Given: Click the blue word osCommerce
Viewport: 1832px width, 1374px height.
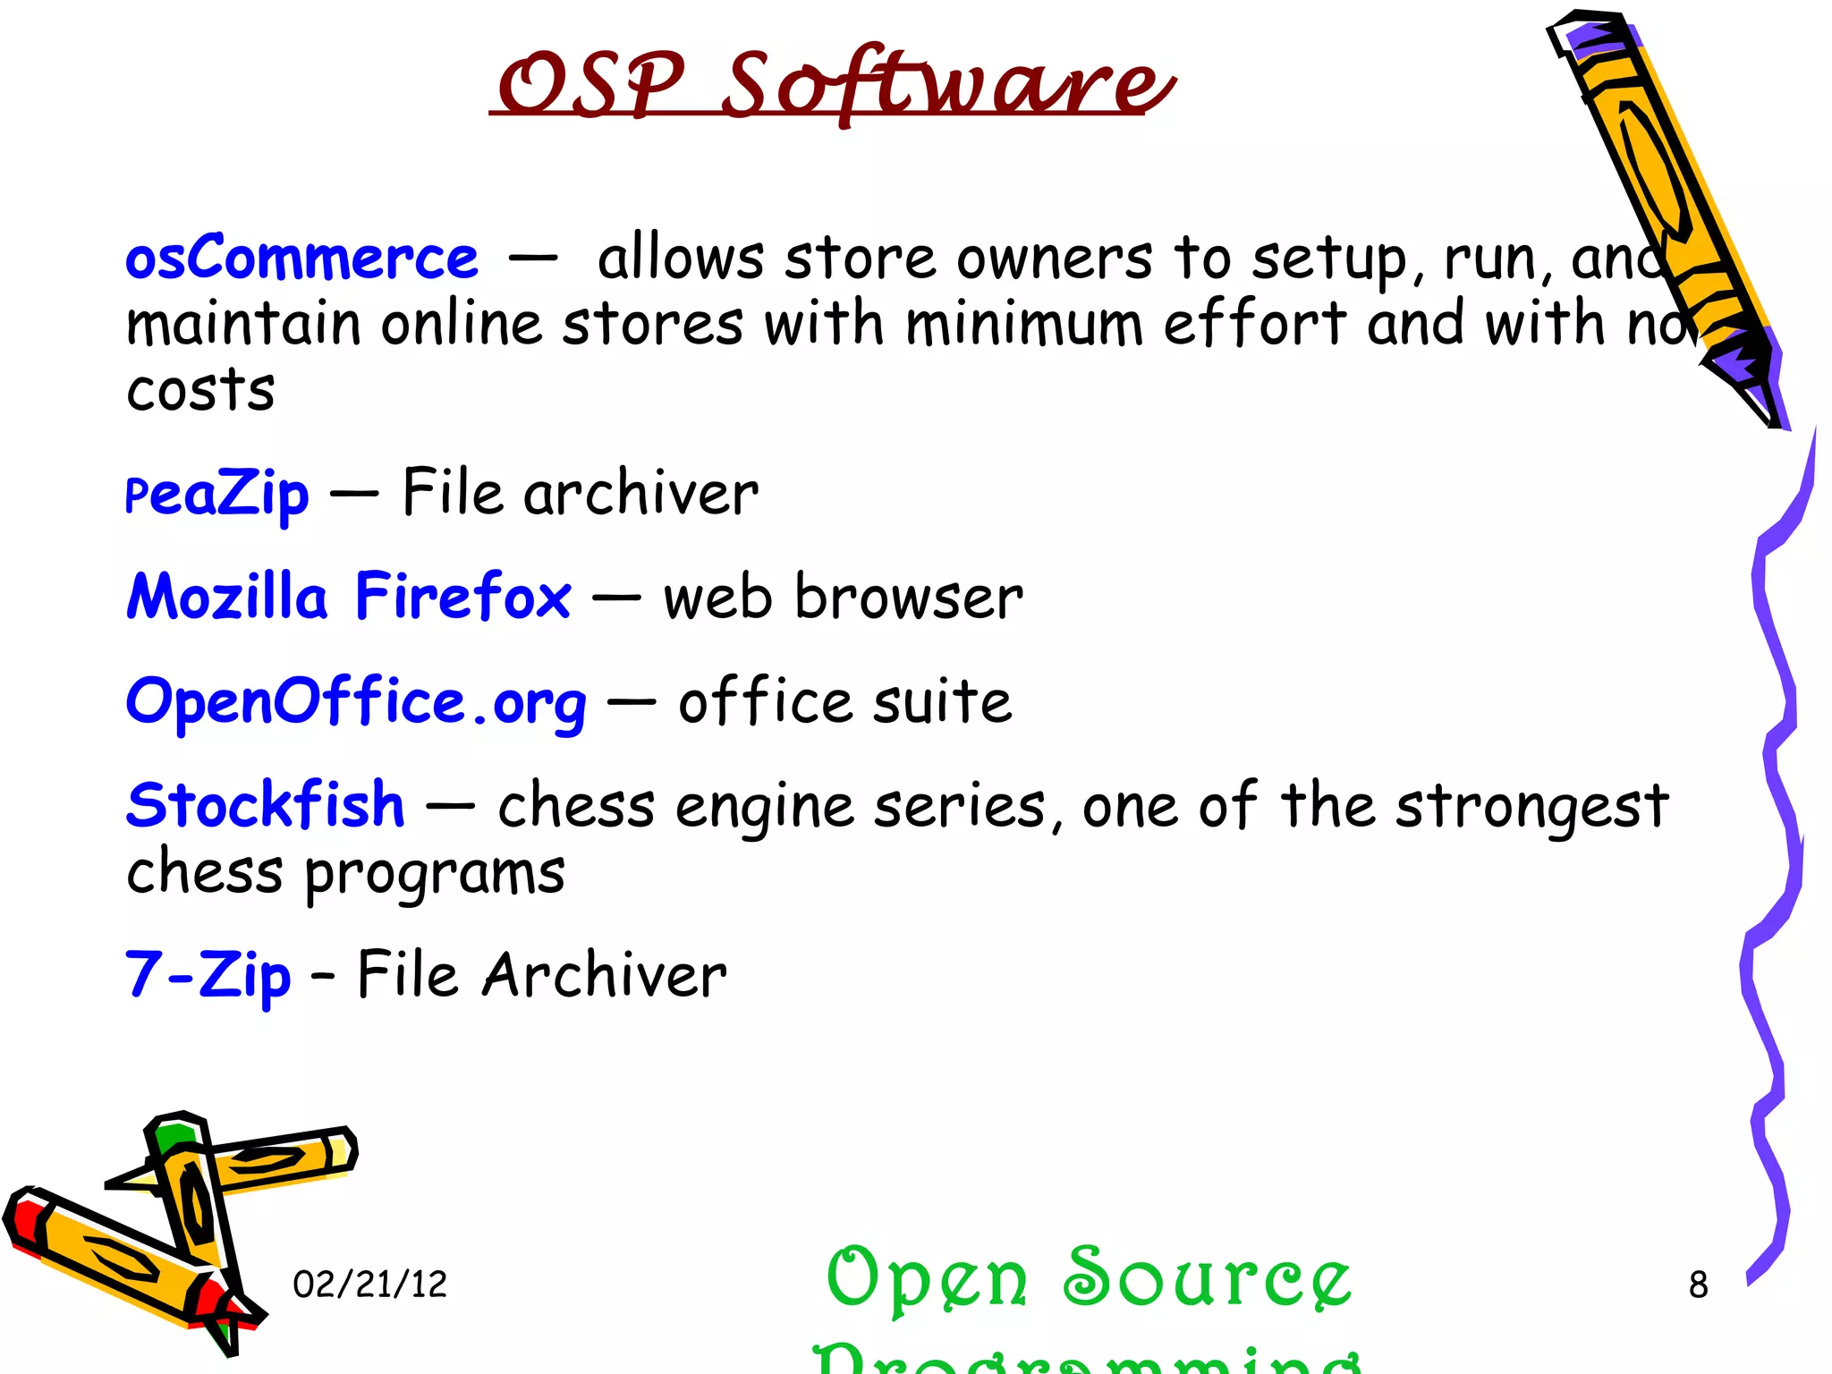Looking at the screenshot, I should (301, 259).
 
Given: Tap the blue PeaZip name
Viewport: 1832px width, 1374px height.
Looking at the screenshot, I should (217, 494).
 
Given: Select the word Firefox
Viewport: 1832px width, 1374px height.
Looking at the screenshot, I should (462, 597).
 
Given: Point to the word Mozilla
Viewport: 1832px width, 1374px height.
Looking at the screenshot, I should (227, 597).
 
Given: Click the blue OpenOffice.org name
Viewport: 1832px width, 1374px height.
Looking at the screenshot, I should (356, 702).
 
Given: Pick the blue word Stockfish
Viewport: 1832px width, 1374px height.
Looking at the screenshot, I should (266, 805).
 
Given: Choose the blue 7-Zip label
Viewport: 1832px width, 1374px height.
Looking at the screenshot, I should (208, 975).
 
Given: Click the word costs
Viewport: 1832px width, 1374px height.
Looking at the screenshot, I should (200, 390).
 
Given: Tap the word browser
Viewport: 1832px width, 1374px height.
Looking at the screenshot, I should (909, 597).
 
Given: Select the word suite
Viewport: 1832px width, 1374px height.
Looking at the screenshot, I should (942, 702).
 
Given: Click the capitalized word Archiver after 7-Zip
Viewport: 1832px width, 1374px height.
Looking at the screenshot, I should (605, 975).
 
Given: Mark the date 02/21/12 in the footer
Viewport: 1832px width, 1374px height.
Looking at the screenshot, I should (369, 1285).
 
